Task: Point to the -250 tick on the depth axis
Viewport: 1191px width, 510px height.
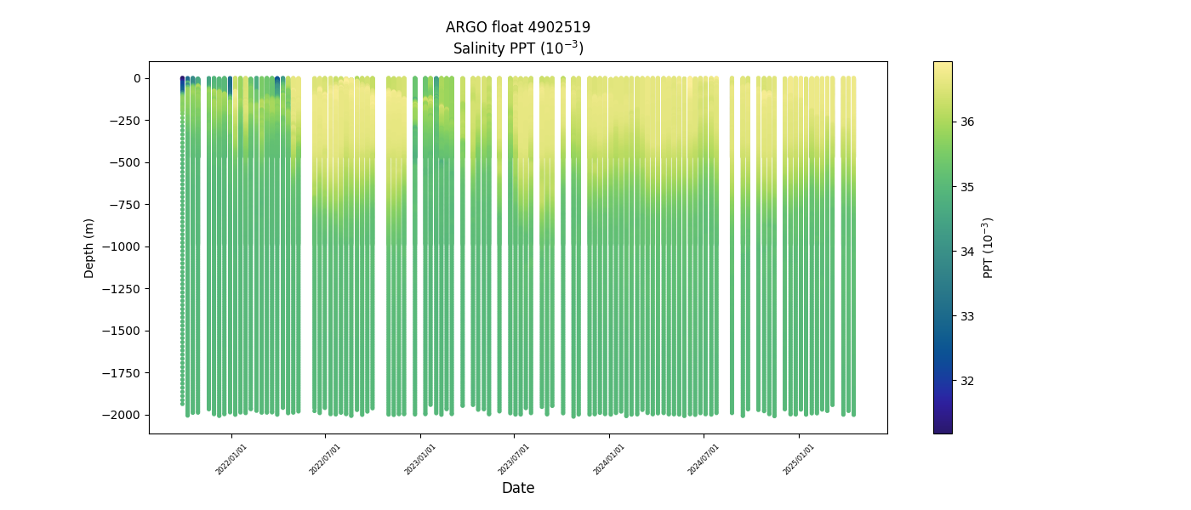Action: pos(127,121)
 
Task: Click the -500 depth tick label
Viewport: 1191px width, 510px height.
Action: pos(127,162)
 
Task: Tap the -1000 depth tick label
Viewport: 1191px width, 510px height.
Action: pos(124,246)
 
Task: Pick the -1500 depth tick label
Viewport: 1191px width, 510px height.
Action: pos(124,331)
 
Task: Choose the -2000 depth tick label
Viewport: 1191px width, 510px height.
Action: pos(124,415)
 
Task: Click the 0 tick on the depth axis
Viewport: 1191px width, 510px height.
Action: pos(136,78)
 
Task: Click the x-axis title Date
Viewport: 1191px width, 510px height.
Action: pos(518,488)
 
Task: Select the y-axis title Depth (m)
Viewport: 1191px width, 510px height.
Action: pos(89,247)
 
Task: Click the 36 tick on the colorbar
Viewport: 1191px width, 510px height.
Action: pos(967,122)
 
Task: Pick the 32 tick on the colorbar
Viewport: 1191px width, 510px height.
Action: pos(967,381)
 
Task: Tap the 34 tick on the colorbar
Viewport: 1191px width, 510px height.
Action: pos(967,252)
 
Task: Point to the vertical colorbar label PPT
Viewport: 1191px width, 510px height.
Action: pos(989,247)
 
